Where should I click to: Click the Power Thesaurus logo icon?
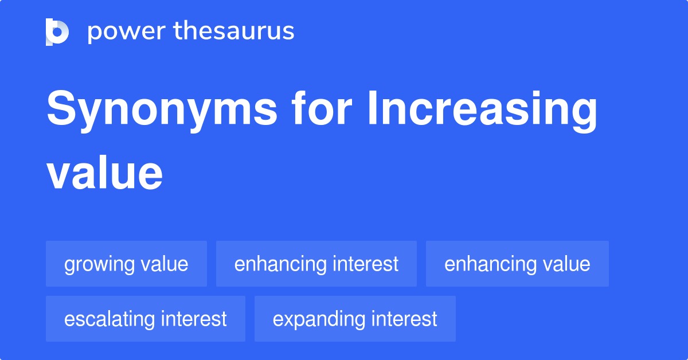[57, 32]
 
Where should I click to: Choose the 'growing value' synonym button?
[126, 264]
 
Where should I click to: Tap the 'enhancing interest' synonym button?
[316, 264]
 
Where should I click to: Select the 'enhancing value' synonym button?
[517, 264]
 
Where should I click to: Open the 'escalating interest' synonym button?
[146, 319]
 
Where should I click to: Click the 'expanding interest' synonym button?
[355, 319]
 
